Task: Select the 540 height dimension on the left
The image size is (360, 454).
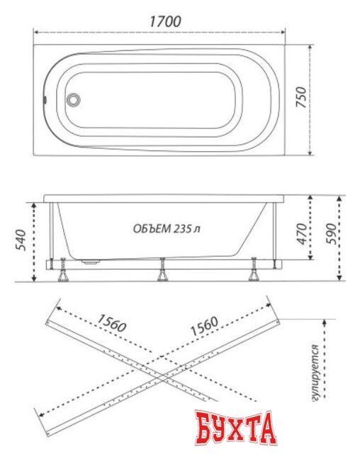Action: click(21, 241)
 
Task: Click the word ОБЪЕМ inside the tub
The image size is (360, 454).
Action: click(152, 228)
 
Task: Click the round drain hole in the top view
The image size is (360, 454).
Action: click(73, 101)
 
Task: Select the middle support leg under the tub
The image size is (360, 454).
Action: click(162, 270)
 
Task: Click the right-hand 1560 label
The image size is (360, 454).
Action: click(203, 324)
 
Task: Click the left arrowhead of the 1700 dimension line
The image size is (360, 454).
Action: click(36, 32)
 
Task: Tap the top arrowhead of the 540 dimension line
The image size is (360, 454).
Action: click(33, 202)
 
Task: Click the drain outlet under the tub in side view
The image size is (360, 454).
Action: click(91, 260)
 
